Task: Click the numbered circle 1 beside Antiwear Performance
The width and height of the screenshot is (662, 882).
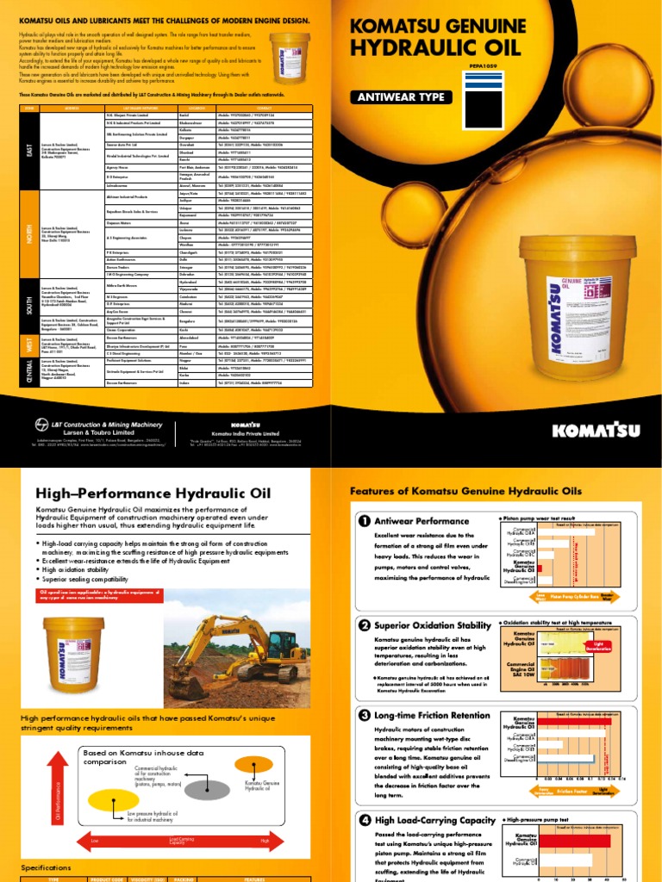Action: [364, 520]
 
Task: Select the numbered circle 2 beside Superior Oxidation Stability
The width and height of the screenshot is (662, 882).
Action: [364, 624]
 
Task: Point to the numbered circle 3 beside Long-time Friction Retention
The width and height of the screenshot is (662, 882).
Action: [364, 715]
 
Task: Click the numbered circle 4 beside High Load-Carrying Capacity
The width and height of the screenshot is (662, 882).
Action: [364, 820]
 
